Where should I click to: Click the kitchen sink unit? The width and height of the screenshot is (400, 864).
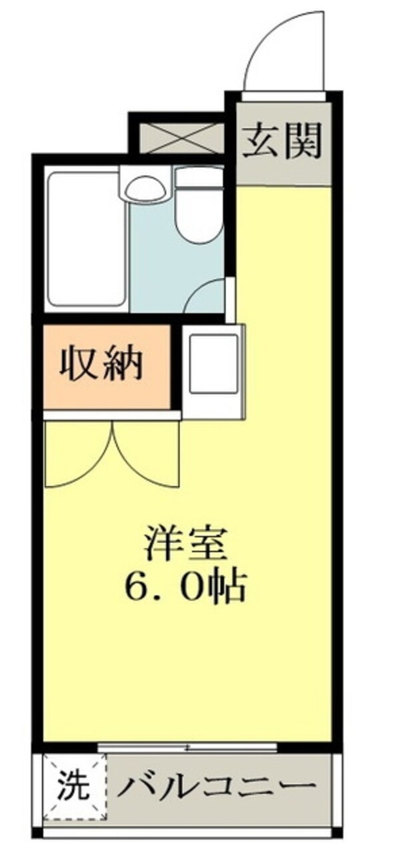point(213,364)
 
